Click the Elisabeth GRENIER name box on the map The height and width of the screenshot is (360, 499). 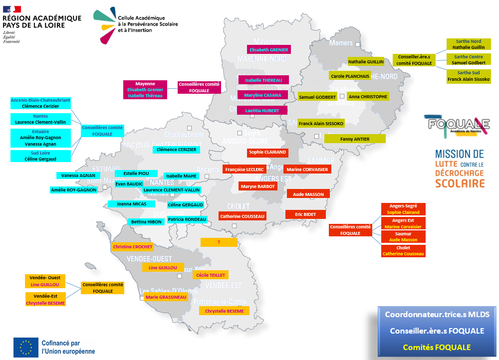tap(269, 50)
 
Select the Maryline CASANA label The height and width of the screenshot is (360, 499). tap(262, 95)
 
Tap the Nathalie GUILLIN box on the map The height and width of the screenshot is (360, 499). tap(366, 62)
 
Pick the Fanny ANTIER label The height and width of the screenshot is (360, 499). tap(355, 139)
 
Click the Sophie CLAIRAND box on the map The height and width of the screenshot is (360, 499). tap(267, 152)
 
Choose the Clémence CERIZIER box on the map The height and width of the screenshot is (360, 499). tap(176, 149)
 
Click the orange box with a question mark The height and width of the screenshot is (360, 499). tap(219, 242)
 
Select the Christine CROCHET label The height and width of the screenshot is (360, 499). tap(133, 247)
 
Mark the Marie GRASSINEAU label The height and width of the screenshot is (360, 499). tap(166, 297)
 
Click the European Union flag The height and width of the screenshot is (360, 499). tap(26, 347)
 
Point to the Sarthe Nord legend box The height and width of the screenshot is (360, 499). tap(469, 44)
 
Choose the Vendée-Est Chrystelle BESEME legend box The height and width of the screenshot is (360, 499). tap(45, 299)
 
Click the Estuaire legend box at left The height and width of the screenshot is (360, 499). tap(41, 138)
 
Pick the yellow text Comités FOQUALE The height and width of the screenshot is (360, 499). tap(437, 347)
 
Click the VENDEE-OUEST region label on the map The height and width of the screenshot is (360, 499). tap(149, 259)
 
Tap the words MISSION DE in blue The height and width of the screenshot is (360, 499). tap(459, 155)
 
